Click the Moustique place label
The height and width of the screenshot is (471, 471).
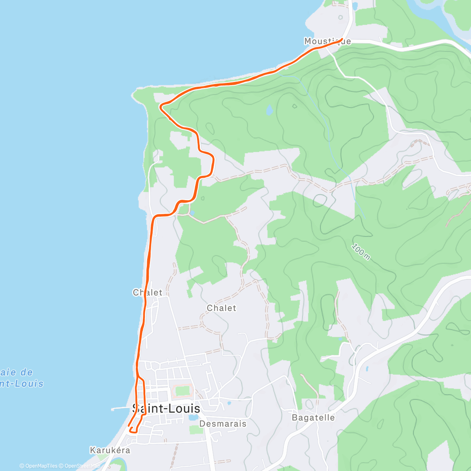pyautogui.click(x=327, y=41)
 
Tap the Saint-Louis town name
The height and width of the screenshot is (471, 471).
pyautogui.click(x=166, y=409)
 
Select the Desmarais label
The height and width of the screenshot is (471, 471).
pyautogui.click(x=223, y=424)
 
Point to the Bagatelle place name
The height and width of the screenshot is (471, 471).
pyautogui.click(x=313, y=418)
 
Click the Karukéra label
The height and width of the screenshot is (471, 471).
pyautogui.click(x=110, y=450)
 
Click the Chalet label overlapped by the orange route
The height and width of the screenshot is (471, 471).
pyautogui.click(x=148, y=292)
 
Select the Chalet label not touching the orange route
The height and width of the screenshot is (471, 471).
pyautogui.click(x=222, y=308)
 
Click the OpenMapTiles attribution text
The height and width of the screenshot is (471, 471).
pyautogui.click(x=38, y=466)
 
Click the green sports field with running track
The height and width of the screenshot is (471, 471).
pyautogui.click(x=183, y=391)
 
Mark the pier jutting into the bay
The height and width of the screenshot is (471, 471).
pyautogui.click(x=120, y=409)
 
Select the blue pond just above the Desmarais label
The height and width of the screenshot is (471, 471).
pyautogui.click(x=193, y=418)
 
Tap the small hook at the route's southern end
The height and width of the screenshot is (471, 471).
pyautogui.click(x=132, y=430)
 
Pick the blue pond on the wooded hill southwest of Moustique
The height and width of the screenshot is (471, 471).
pyautogui.click(x=269, y=110)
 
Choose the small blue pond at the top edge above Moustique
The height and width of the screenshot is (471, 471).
pyautogui.click(x=355, y=6)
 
